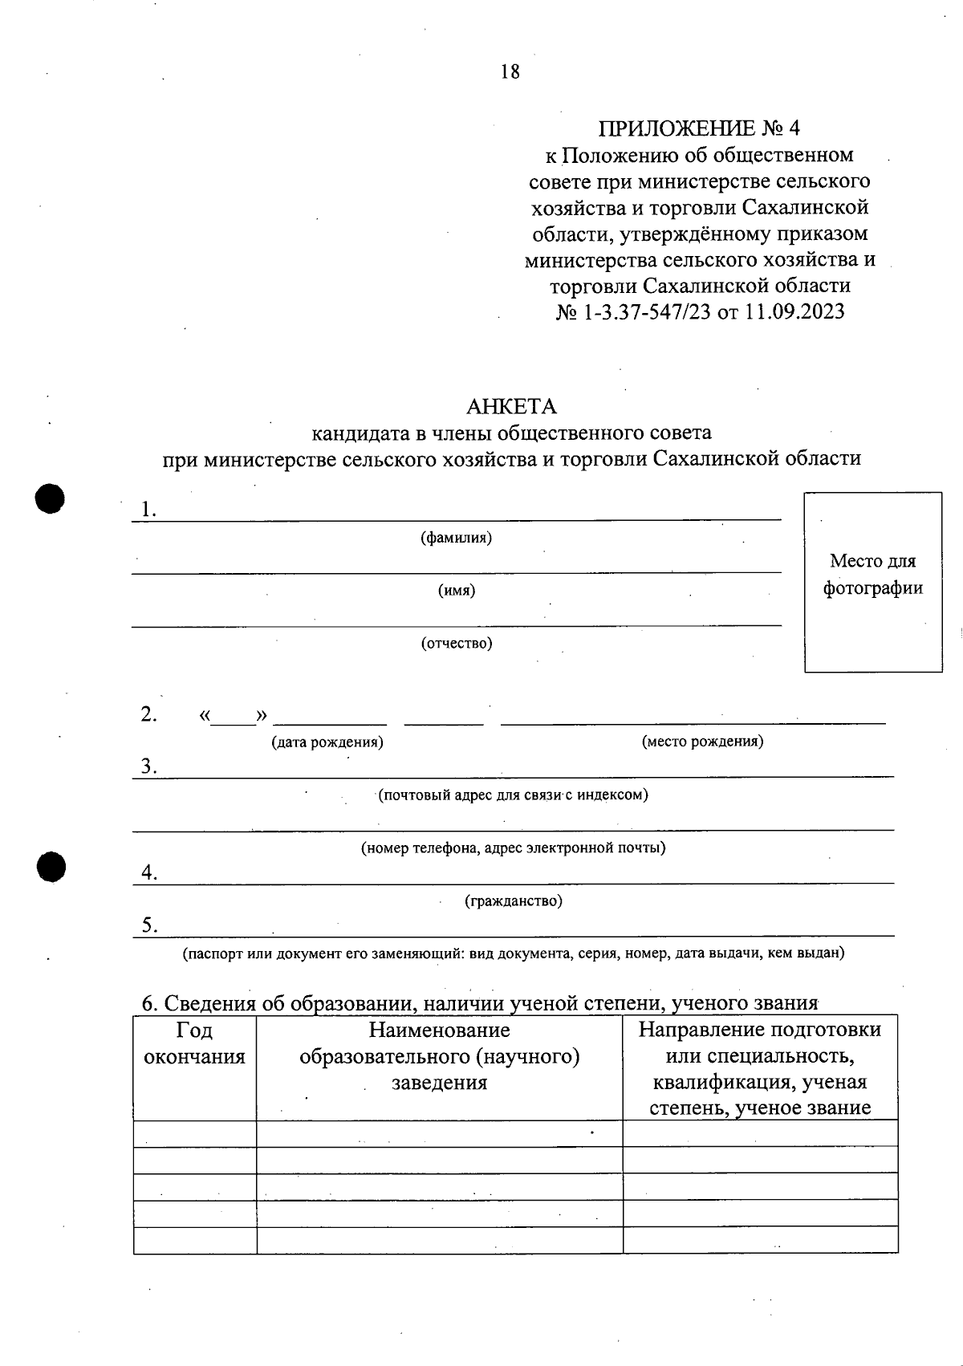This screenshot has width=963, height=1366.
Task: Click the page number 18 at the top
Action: tap(510, 71)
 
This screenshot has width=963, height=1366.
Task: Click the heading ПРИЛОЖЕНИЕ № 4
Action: tap(699, 128)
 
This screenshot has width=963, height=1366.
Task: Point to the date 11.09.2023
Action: tap(794, 311)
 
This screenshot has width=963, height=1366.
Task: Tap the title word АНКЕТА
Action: tap(511, 406)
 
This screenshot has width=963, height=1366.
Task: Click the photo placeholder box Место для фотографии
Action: tap(873, 581)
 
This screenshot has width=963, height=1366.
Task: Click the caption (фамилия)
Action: tap(456, 538)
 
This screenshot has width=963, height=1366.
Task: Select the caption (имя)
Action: tap(456, 591)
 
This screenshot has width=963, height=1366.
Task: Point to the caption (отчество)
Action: tap(457, 643)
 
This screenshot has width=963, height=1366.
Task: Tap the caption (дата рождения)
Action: tap(327, 742)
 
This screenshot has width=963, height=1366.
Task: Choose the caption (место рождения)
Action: tap(702, 741)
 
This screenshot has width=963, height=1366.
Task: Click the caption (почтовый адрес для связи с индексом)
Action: tap(513, 795)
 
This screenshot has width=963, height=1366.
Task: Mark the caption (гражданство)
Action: tap(514, 901)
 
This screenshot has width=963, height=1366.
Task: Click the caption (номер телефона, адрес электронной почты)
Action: tap(513, 848)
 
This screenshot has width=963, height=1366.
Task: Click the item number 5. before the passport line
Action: tap(149, 925)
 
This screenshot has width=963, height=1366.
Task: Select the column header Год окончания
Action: tap(194, 1043)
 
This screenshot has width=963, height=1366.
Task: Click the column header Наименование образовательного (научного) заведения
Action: tap(439, 1055)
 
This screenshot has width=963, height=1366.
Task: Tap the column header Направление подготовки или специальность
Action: tap(759, 1042)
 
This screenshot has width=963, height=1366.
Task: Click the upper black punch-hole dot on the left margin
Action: tap(50, 498)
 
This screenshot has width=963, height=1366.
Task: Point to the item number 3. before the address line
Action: tap(148, 766)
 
